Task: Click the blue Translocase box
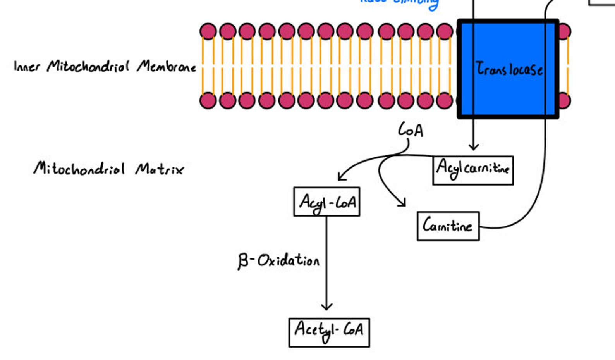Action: click(x=508, y=69)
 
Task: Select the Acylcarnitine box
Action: click(x=473, y=170)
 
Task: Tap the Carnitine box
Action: click(x=448, y=226)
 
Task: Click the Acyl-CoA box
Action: click(x=327, y=202)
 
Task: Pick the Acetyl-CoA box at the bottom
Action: click(x=329, y=332)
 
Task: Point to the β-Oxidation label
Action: click(x=278, y=261)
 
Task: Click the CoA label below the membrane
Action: click(x=411, y=130)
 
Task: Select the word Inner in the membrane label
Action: click(x=27, y=67)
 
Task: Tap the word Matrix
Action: click(x=160, y=169)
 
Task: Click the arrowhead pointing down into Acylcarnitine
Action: click(x=473, y=147)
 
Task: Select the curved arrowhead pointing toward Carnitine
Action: click(x=402, y=203)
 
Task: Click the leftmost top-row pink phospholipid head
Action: click(x=208, y=31)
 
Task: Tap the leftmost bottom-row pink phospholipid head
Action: click(x=208, y=100)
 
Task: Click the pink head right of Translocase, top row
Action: click(x=565, y=31)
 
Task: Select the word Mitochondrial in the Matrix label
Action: click(x=79, y=169)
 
